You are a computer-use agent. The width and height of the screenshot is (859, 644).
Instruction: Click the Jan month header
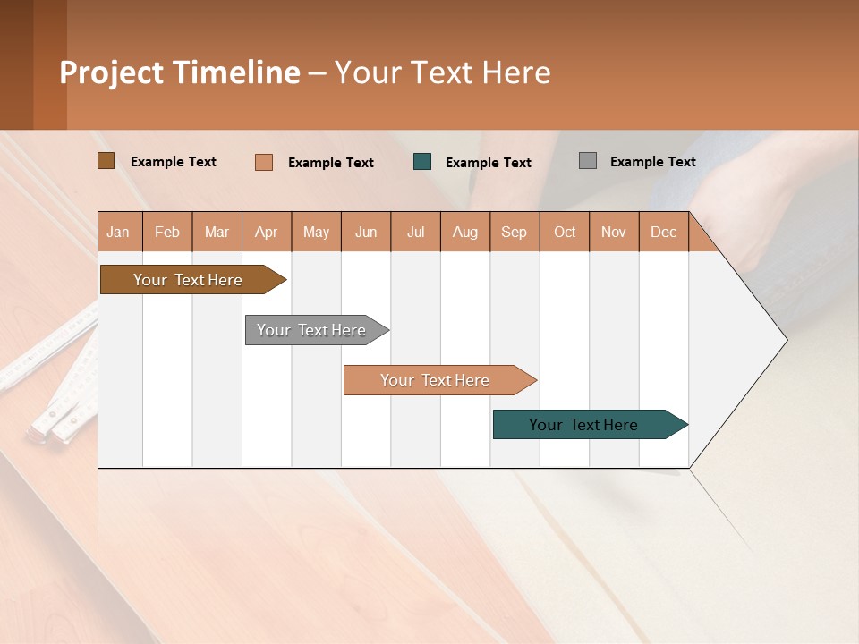pos(118,232)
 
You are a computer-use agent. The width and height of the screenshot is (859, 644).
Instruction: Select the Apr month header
pos(266,232)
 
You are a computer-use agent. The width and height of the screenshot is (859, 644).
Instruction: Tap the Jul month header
pos(415,232)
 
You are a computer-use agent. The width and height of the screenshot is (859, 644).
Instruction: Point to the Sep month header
pos(514,232)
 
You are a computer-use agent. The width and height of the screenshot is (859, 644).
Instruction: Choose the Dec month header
pos(663,232)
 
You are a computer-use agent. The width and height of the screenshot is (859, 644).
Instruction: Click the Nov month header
pos(613,232)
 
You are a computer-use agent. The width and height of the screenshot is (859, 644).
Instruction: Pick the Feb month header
pos(167,232)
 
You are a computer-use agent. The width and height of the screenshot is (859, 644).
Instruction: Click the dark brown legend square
pos(106,161)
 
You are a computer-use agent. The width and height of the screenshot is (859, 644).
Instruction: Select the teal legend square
pos(422,162)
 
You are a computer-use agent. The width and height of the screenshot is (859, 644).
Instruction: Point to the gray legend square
pos(587,161)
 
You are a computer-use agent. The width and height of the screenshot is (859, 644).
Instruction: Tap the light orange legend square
pos(263,162)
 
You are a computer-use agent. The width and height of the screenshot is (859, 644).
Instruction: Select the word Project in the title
pos(110,72)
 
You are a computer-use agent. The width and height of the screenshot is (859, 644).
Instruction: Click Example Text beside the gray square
pos(652,162)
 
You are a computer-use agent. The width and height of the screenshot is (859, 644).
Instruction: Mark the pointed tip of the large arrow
pos(786,340)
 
